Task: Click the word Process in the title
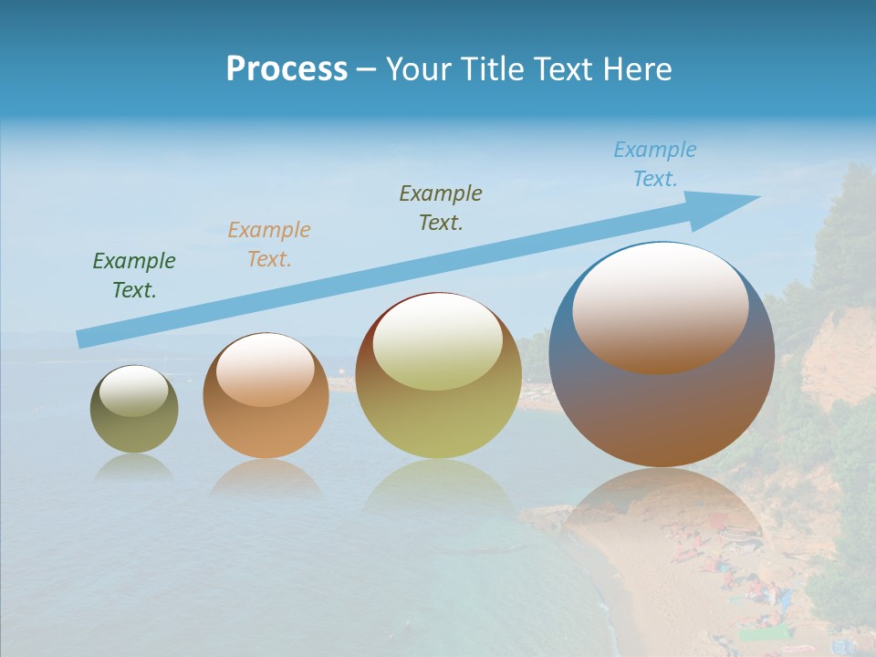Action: coord(287,69)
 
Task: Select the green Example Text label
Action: coord(134,276)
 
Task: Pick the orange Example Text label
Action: coord(269,244)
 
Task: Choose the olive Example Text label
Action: coord(441,207)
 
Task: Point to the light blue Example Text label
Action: coord(655,164)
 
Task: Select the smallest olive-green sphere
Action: coord(134,429)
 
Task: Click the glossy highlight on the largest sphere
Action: coord(661,307)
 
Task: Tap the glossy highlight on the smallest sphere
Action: coord(134,391)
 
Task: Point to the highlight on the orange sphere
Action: coord(266,370)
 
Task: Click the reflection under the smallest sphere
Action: coord(134,467)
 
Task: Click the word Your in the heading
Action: coord(418,69)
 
